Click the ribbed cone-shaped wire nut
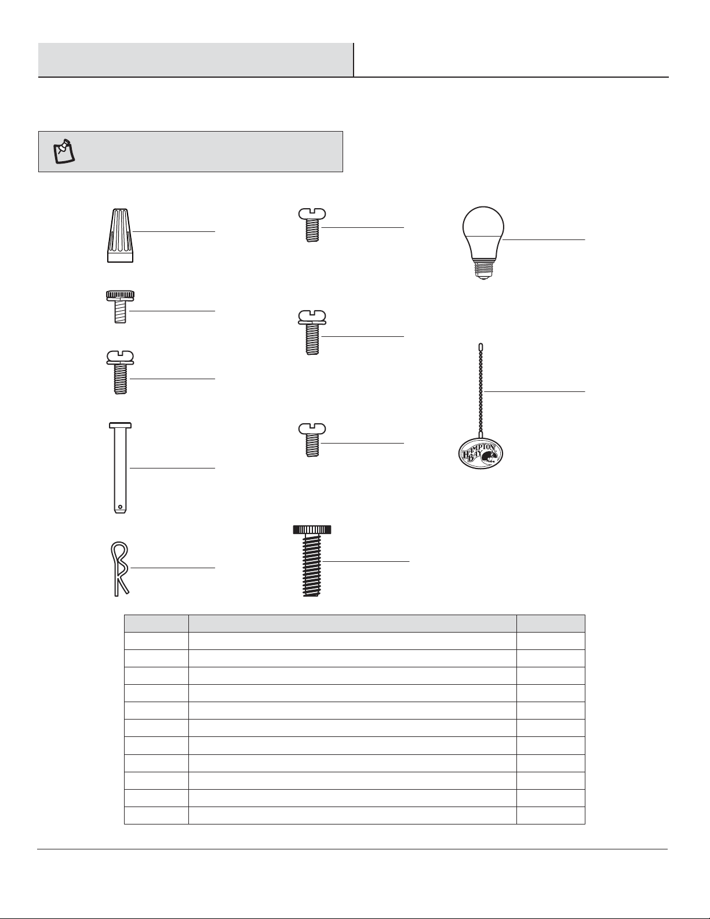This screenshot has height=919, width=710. point(121,235)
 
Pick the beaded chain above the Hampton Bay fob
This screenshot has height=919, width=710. point(481,391)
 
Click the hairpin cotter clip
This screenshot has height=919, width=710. point(120,569)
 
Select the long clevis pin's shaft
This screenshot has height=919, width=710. point(120,470)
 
